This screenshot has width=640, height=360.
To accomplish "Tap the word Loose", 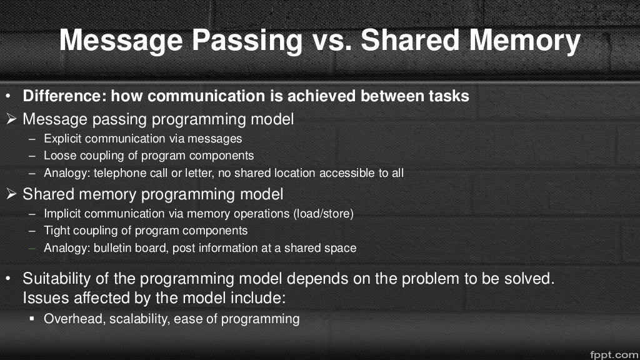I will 58,156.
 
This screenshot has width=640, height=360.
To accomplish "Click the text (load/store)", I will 323,214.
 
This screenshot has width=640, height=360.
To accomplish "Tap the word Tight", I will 56,231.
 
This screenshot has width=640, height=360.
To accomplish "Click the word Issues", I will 43,298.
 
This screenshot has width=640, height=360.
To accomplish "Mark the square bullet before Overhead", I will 32,319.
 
